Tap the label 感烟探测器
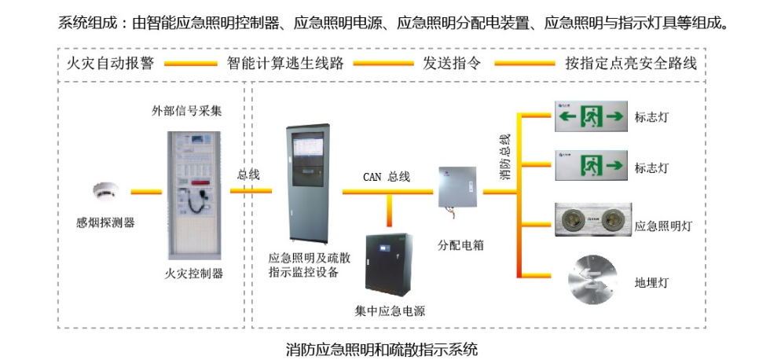coord(105,222)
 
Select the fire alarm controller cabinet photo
coord(193,193)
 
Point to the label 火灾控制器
coord(193,274)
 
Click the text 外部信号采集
coord(187,111)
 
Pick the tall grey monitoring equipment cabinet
coord(308,182)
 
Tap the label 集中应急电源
coord(390,310)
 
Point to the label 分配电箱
coord(460,244)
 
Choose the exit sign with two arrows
coord(591,117)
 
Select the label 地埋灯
coord(651,281)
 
